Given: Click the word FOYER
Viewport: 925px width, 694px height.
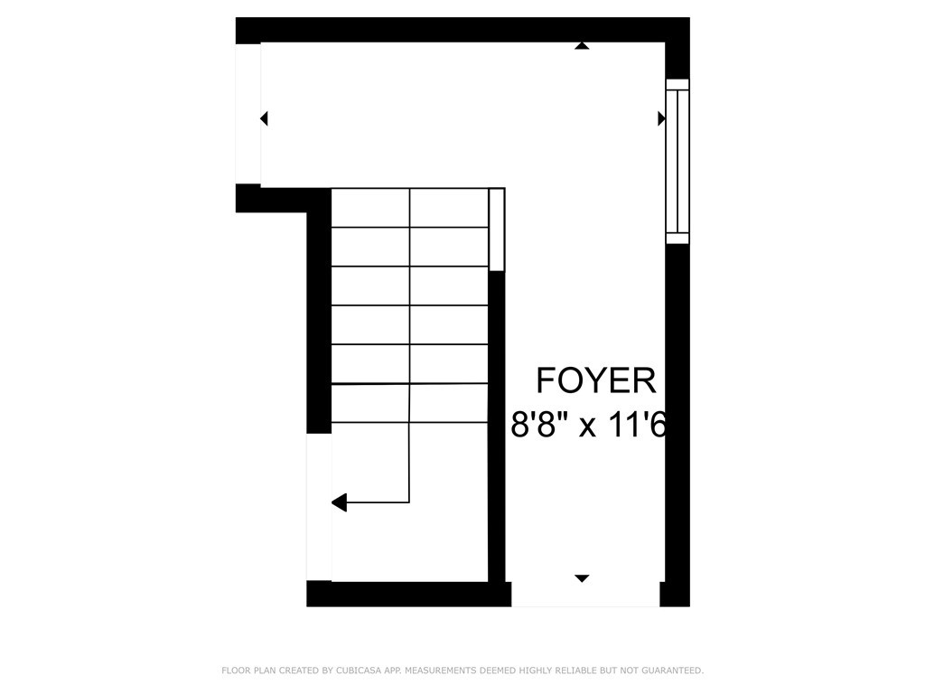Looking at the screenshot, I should coord(596,380).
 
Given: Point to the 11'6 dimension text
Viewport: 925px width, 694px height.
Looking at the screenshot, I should coord(636,423).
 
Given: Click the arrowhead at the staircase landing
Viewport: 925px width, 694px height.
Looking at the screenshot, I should coord(339,502).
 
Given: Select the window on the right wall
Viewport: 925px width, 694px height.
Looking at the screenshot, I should coord(677,161).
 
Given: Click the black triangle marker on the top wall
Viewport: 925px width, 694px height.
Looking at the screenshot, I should coord(583,45).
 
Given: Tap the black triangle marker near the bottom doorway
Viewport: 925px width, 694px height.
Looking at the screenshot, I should coord(582,577).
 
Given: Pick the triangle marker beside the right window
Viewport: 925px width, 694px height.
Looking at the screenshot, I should coord(661,118).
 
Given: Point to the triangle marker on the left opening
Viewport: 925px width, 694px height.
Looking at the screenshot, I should coord(264,118).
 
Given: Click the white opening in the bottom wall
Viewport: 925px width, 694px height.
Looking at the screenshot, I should coord(585,594).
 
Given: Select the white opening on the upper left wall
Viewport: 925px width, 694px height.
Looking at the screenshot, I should coord(248,114).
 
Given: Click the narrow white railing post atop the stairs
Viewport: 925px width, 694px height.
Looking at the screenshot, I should coord(496,230).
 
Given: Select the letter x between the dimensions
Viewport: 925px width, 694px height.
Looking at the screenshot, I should coord(587,425).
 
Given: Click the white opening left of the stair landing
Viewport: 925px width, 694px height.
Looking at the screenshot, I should coord(319,507).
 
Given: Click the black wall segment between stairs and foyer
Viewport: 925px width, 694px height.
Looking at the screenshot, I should coord(496,425).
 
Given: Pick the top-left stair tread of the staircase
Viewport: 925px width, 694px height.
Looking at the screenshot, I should coord(370,208).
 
